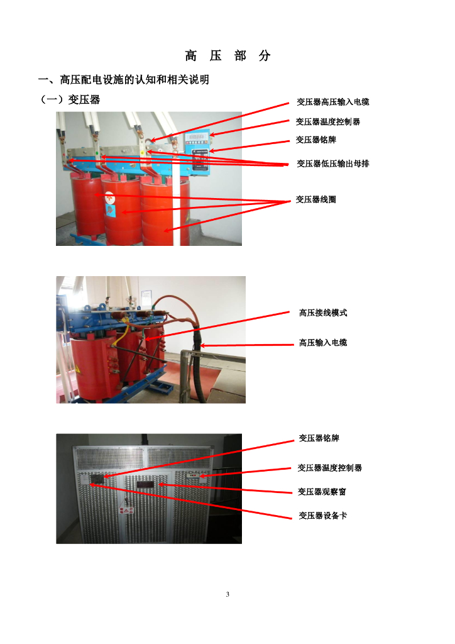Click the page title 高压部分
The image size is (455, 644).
pyautogui.click(x=227, y=55)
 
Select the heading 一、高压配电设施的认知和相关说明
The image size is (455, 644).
pyautogui.click(x=124, y=79)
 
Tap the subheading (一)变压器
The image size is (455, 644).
pyautogui.click(x=69, y=99)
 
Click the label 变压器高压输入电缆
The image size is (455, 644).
pyautogui.click(x=332, y=102)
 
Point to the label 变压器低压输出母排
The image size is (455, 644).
pyautogui.click(x=332, y=164)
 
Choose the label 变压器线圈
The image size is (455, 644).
pyautogui.click(x=316, y=199)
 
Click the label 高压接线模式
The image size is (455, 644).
pyautogui.click(x=323, y=313)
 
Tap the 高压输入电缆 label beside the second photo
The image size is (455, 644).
pyautogui.click(x=323, y=343)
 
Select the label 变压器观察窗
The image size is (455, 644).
pyautogui.click(x=322, y=492)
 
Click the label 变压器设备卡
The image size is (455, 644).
pyautogui.click(x=322, y=516)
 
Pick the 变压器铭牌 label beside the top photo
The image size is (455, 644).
pyautogui.click(x=316, y=140)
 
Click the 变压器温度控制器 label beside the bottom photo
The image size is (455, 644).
pyautogui.click(x=329, y=468)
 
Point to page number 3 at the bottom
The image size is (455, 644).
pyautogui.click(x=227, y=594)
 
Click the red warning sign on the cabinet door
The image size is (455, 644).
pyautogui.click(x=126, y=511)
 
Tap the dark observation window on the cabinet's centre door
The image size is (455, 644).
pyautogui.click(x=145, y=485)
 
